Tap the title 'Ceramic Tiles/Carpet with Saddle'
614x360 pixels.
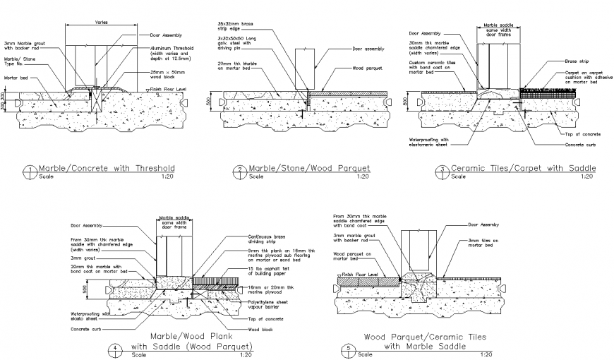click(523, 168)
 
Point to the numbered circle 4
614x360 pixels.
click(115, 348)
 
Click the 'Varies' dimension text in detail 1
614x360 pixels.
click(101, 22)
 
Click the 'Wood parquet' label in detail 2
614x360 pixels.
click(367, 68)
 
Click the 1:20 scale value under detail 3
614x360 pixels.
click(586, 176)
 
